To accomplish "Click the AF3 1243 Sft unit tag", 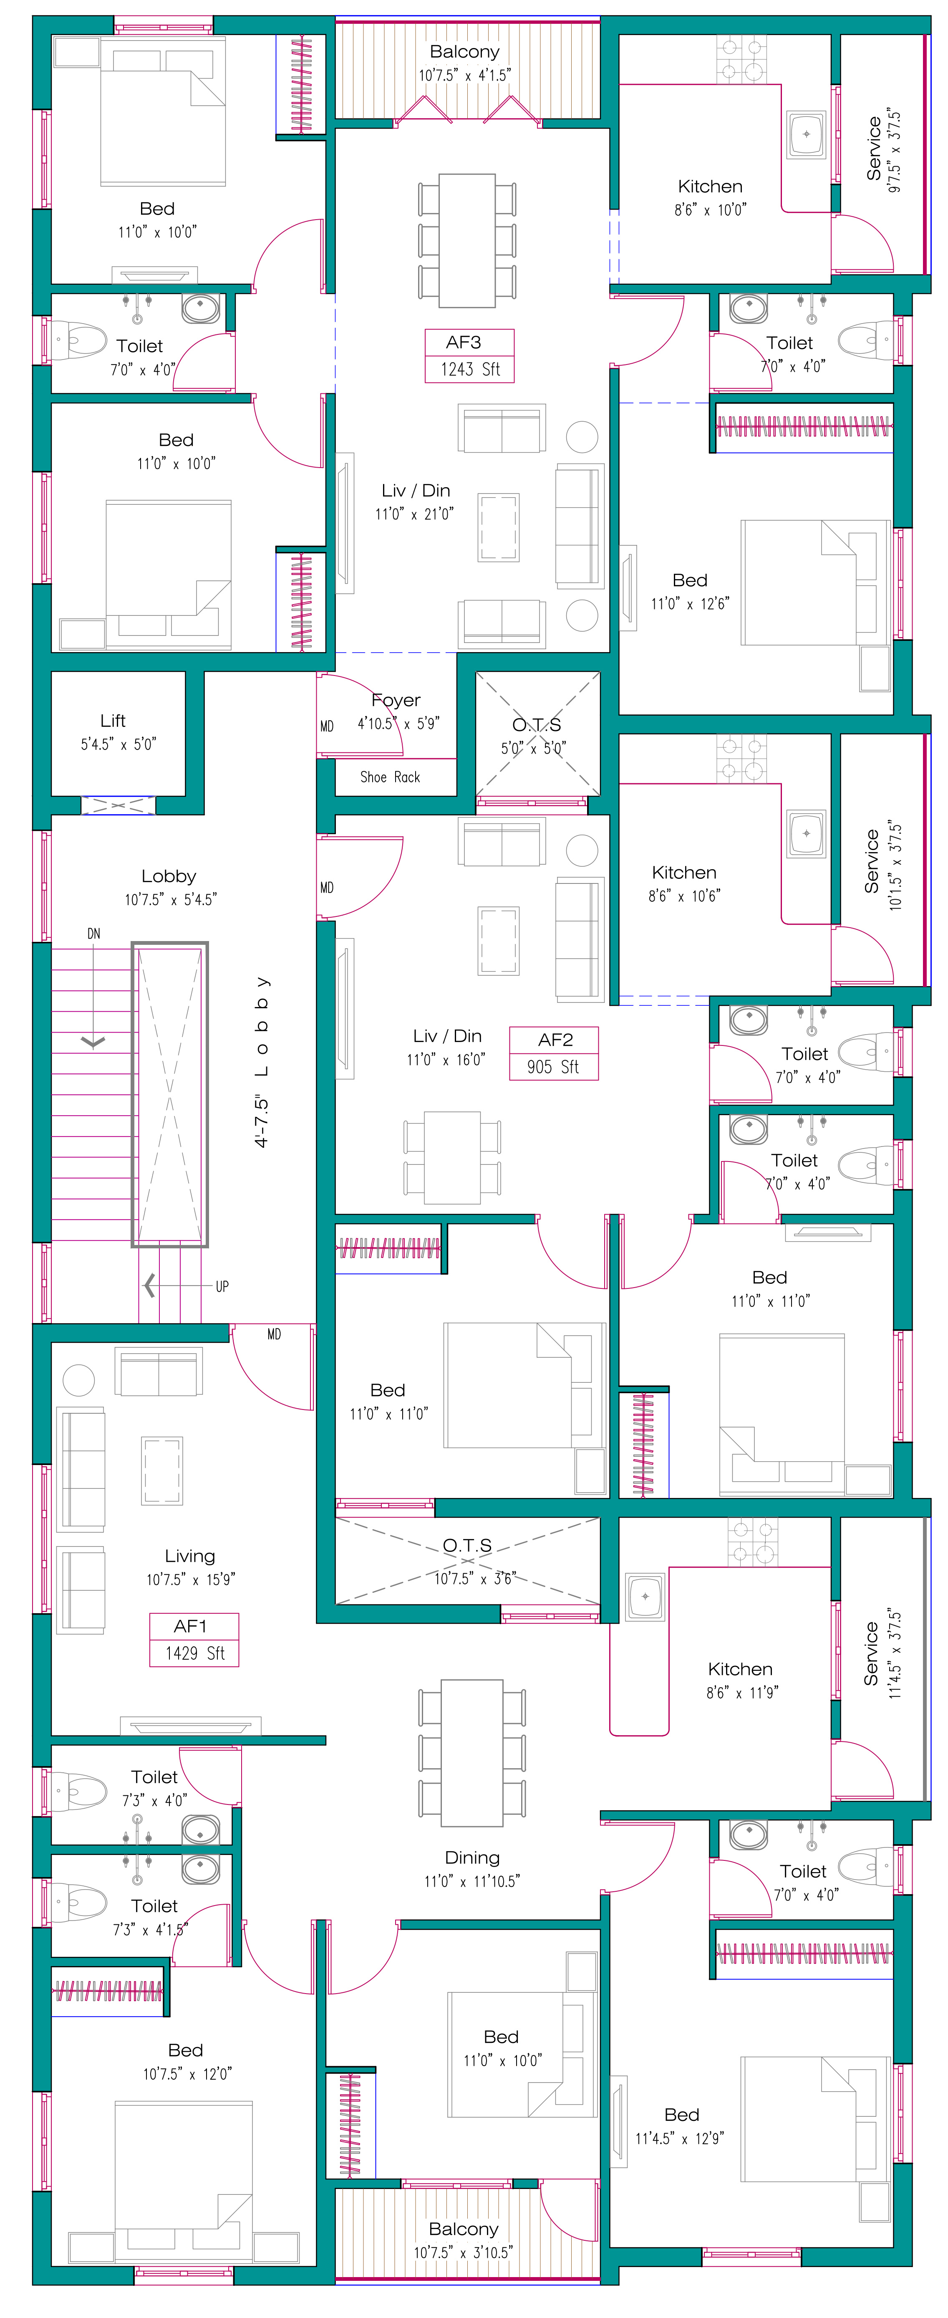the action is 469,355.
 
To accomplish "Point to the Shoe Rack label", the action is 391,777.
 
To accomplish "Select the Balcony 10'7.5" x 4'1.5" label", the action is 464,63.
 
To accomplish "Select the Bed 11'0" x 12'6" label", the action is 690,591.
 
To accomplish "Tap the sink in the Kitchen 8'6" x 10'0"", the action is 806,134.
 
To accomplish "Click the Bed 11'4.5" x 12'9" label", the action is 681,2126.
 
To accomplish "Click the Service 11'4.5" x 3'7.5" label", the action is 881,1654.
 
